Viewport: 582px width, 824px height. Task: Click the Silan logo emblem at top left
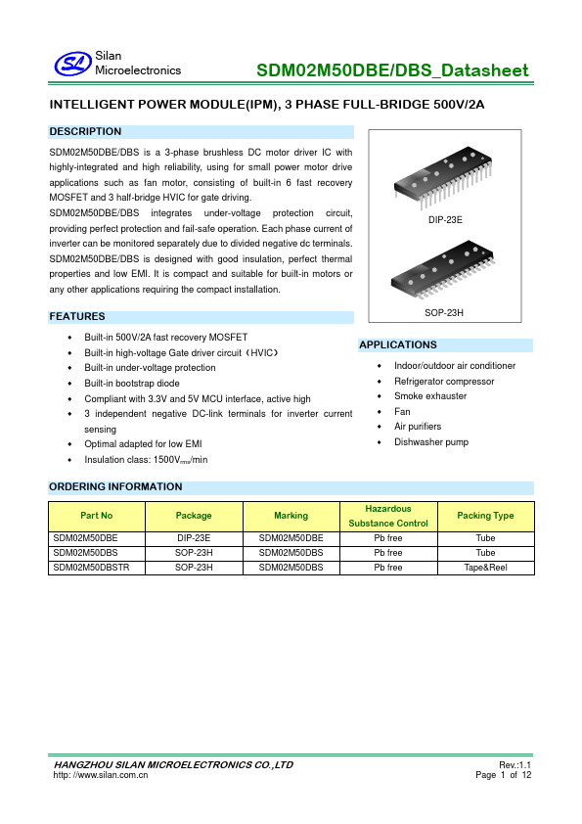tap(71, 64)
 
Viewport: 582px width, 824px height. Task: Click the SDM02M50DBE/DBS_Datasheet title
tap(392, 70)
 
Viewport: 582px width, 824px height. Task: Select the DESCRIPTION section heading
tap(86, 131)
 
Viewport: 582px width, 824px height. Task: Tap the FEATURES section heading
tap(77, 316)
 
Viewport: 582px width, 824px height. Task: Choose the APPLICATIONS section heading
tap(398, 344)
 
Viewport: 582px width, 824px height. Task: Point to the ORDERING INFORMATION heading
tap(115, 486)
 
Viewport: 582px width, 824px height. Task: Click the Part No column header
tap(97, 516)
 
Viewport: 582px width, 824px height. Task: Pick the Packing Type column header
tap(485, 516)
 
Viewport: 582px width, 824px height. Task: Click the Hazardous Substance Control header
tap(388, 516)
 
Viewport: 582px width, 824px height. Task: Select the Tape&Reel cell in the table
tap(485, 567)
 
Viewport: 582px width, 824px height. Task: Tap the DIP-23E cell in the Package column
tap(194, 538)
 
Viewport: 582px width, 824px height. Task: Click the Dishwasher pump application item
tap(431, 442)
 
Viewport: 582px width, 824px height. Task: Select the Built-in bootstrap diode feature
tap(132, 384)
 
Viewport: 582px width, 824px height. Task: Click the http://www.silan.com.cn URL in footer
tap(100, 774)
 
